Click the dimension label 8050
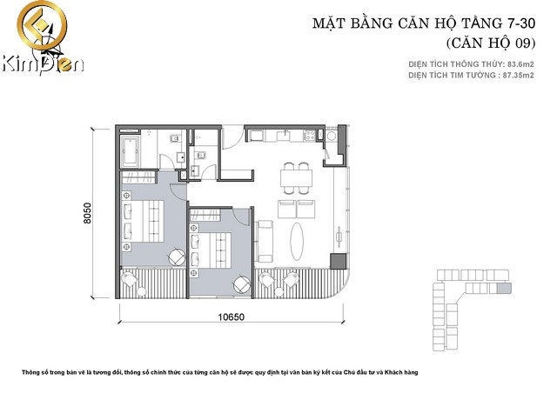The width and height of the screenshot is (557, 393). point(87,213)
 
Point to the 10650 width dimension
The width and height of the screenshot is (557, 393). point(231,316)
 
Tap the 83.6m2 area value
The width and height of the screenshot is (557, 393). point(520,64)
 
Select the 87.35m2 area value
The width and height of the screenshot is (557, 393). point(519,76)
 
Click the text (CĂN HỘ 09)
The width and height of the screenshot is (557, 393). point(491,43)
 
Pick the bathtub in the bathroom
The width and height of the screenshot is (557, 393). point(130,151)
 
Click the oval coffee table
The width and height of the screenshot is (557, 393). point(297,241)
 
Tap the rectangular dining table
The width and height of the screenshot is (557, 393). point(296,178)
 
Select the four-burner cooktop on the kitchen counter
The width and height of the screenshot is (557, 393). point(309,136)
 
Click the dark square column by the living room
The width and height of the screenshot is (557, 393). point(339,261)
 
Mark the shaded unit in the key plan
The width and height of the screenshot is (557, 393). point(504,289)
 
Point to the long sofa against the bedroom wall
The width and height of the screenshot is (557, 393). point(264,242)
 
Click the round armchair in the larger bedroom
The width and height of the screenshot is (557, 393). point(177,256)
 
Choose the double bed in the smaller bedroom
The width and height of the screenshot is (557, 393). point(211,250)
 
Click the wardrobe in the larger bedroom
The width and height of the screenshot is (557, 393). point(138,177)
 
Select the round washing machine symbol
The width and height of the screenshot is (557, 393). point(332,136)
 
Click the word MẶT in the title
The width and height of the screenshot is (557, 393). point(328,23)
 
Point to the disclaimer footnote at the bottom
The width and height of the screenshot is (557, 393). point(220,372)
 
